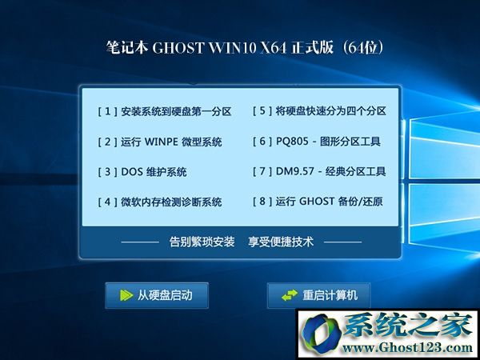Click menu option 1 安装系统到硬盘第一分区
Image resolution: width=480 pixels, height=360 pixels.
(x=164, y=111)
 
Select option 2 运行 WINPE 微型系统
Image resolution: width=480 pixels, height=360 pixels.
(x=160, y=142)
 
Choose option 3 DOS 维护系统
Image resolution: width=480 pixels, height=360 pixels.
(x=142, y=172)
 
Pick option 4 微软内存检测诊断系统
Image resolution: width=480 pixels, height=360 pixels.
(x=160, y=202)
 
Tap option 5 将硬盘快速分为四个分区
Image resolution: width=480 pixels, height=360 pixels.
(x=319, y=111)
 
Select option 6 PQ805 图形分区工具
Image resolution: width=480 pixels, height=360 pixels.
(x=317, y=141)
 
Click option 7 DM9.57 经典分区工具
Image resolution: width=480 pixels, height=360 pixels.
(x=319, y=171)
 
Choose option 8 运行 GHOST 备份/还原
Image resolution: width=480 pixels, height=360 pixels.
(x=318, y=201)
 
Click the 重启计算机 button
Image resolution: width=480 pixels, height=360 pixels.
(x=318, y=295)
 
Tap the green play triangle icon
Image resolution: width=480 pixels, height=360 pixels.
(x=126, y=295)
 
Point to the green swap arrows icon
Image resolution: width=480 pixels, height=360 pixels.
(x=290, y=295)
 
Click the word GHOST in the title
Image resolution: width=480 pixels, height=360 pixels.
(x=178, y=48)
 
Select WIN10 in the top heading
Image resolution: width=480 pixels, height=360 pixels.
(x=232, y=48)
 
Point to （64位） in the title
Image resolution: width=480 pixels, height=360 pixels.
(x=362, y=48)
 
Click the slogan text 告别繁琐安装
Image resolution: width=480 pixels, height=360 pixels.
(x=202, y=242)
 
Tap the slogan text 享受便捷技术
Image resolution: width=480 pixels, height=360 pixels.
(x=281, y=242)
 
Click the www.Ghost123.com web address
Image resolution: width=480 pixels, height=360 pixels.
(x=407, y=347)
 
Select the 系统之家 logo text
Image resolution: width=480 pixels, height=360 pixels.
(x=408, y=325)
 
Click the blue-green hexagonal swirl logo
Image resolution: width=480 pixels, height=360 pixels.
(x=322, y=334)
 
